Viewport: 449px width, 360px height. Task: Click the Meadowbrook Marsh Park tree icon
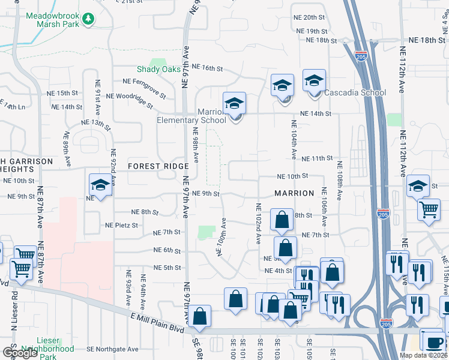pos(89,19)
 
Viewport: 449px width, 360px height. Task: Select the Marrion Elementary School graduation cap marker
pos(235,104)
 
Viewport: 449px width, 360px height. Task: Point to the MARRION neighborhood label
pos(294,193)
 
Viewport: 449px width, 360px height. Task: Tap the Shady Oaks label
pos(158,70)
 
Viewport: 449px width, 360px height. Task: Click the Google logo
pos(19,353)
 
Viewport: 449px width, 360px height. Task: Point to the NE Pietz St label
pos(122,226)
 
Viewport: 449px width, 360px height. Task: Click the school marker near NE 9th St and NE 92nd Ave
pos(100,185)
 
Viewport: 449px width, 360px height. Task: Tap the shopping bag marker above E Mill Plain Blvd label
pos(201,316)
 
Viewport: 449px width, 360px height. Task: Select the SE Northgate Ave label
pos(112,349)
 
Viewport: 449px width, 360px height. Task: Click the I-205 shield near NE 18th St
pos(361,56)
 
